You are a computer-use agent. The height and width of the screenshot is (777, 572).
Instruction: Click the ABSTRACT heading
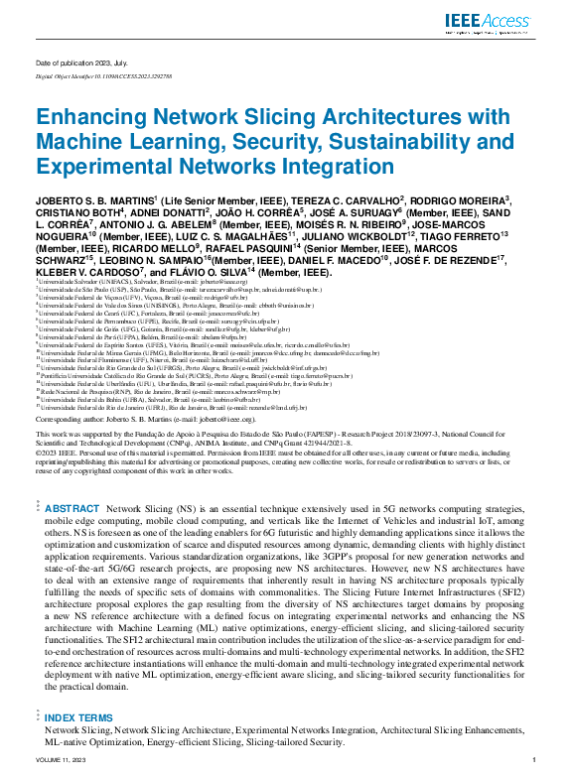[72, 507]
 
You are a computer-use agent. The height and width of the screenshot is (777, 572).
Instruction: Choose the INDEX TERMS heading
[78, 716]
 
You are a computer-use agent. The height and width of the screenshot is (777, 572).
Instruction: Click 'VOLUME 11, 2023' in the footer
[58, 759]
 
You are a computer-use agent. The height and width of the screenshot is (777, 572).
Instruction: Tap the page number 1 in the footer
[533, 759]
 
